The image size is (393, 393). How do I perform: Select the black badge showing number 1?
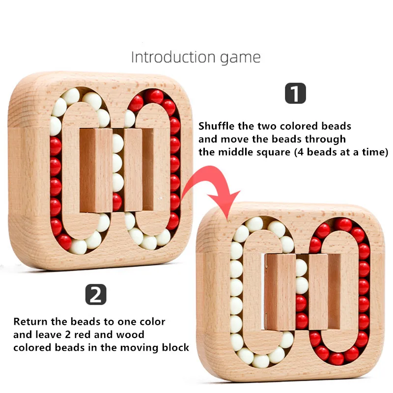[x=295, y=93]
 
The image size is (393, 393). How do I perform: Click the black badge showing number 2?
[x=96, y=295]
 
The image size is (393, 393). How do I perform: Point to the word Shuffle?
[x=215, y=126]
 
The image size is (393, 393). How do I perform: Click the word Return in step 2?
[x=29, y=322]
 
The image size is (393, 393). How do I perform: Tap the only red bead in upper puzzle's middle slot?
[x=117, y=200]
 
